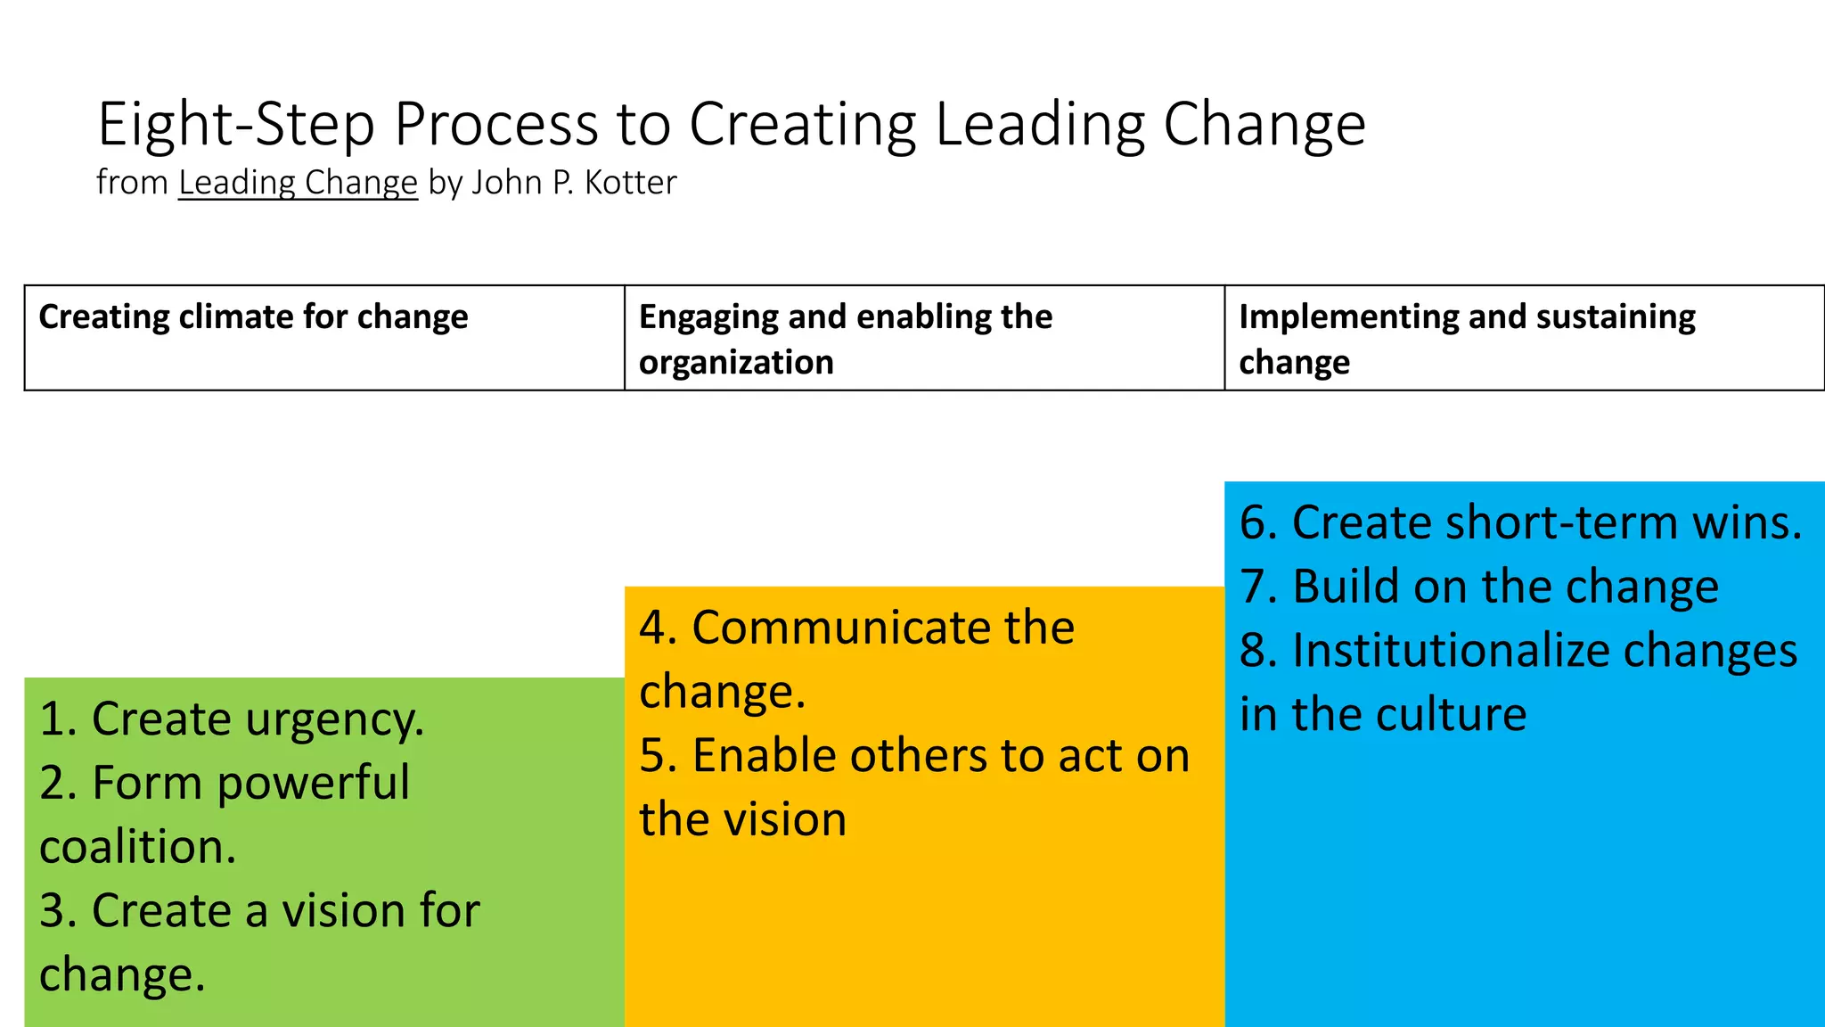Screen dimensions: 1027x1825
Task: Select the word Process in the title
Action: click(495, 125)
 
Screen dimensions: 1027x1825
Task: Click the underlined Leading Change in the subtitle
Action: click(298, 183)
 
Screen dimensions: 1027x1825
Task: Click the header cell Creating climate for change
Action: click(253, 317)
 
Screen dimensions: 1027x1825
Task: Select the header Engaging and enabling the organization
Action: click(845, 339)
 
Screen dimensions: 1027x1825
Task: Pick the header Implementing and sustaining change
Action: click(1467, 339)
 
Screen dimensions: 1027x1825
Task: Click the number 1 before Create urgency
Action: click(52, 719)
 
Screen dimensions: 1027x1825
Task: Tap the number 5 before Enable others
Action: click(652, 756)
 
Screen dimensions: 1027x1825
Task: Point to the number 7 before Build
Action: click(1253, 587)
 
